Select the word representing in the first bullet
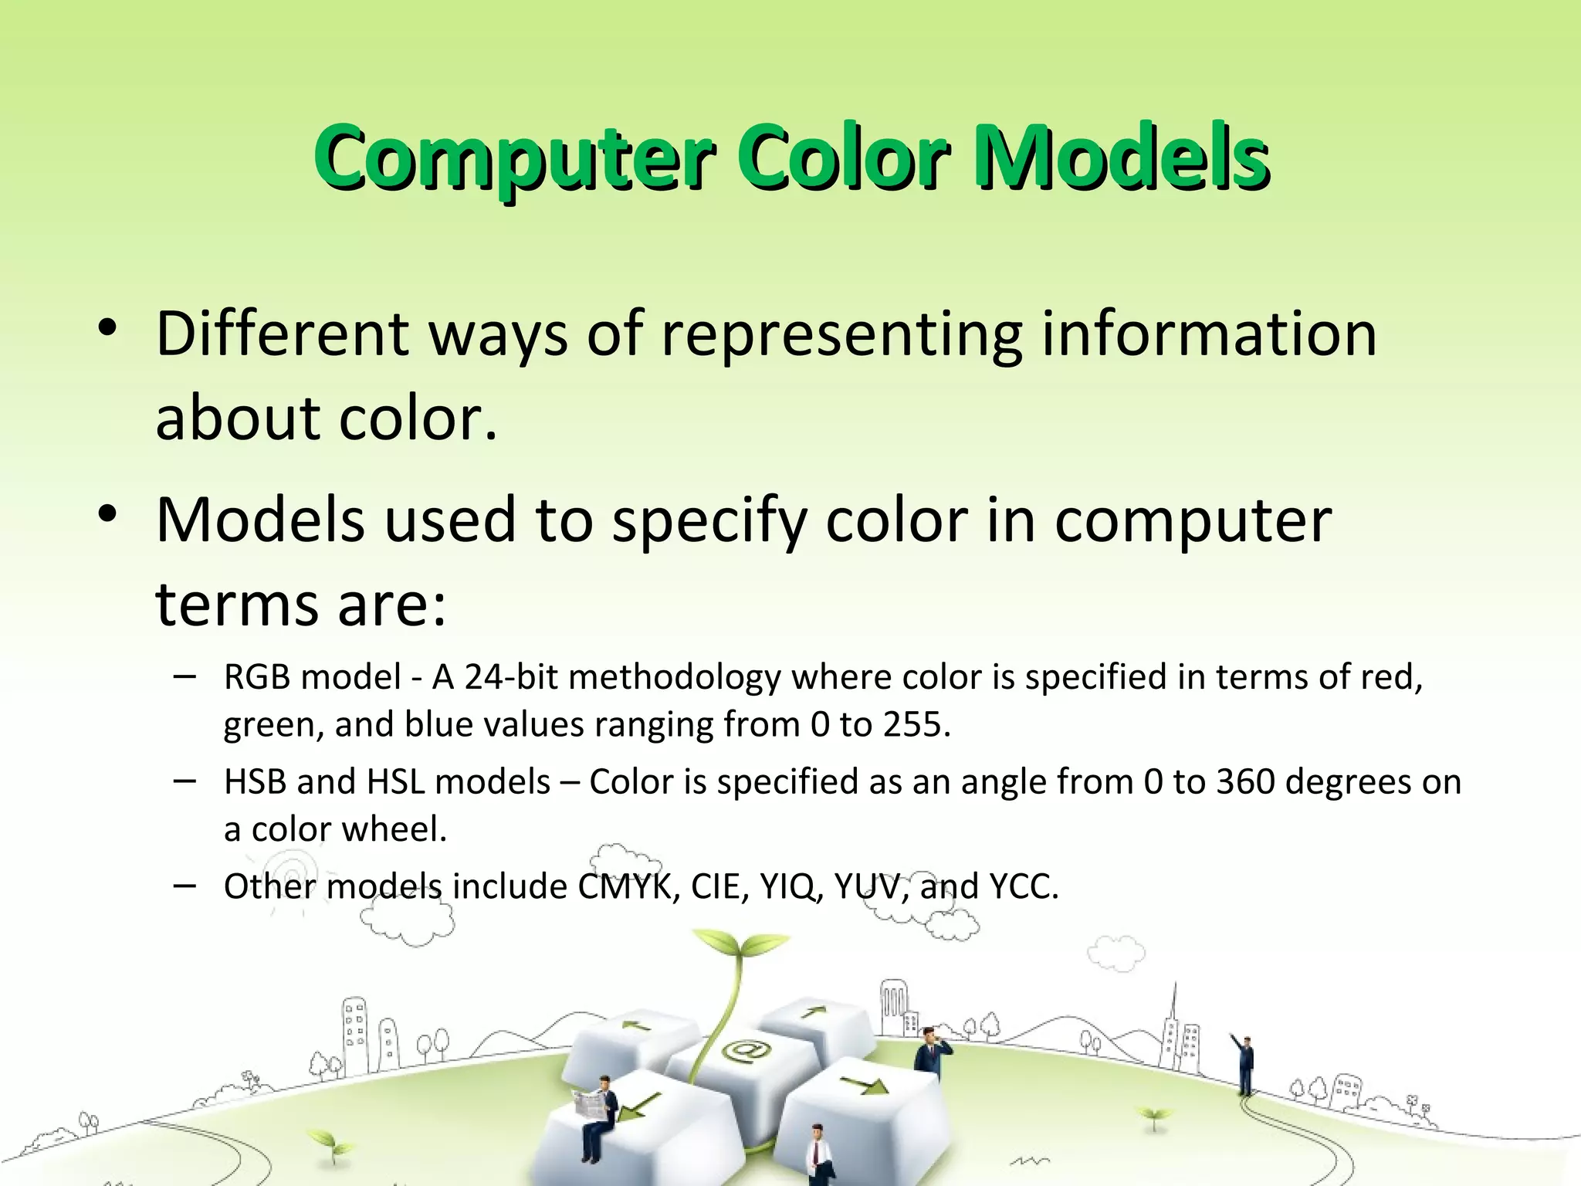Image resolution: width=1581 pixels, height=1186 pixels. [x=841, y=336]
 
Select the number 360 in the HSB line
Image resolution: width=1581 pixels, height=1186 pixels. [x=1244, y=782]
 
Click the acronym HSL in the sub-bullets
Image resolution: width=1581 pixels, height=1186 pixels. [x=395, y=782]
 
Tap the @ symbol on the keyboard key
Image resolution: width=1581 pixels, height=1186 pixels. [x=746, y=1052]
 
